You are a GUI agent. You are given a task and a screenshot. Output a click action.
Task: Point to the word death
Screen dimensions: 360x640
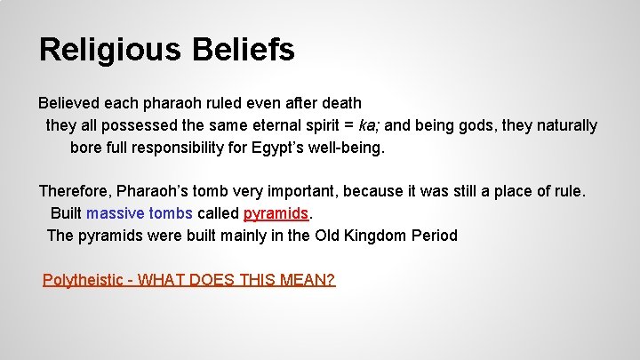pyautogui.click(x=340, y=103)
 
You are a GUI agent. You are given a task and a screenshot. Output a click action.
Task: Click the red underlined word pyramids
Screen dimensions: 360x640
pyautogui.click(x=276, y=213)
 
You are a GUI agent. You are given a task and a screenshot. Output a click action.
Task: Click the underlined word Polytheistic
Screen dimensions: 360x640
pyautogui.click(x=83, y=280)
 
